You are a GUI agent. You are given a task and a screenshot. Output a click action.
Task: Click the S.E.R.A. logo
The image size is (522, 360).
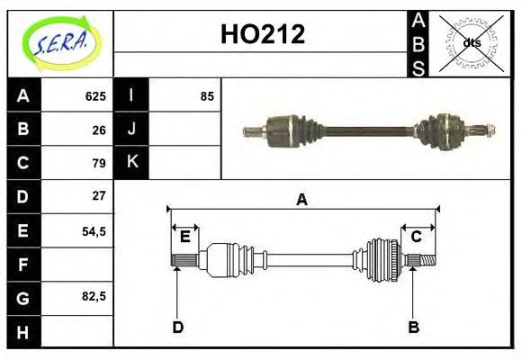(x=60, y=43)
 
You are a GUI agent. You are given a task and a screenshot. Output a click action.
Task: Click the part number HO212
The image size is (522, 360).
(x=263, y=34)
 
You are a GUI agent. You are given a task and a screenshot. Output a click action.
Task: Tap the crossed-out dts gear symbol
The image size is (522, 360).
(x=472, y=42)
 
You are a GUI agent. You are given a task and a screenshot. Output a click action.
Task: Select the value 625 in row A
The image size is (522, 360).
(x=95, y=96)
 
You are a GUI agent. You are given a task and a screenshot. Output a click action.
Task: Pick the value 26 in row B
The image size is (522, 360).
(x=99, y=130)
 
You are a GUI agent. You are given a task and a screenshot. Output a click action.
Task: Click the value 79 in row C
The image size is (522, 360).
(x=99, y=163)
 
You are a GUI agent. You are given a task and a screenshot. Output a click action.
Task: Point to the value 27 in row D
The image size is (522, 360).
(x=99, y=196)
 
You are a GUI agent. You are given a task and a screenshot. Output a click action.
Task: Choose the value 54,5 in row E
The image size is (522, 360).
(x=94, y=230)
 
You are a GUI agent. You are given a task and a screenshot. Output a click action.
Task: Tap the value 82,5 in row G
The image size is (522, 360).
(x=94, y=296)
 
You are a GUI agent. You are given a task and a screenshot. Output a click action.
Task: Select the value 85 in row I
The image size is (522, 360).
(x=207, y=96)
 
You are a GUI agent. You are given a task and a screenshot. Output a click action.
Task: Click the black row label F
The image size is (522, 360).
(x=23, y=264)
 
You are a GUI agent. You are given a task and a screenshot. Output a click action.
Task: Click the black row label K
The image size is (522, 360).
(x=131, y=163)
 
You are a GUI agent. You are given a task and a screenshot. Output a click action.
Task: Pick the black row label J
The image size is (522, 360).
(x=131, y=130)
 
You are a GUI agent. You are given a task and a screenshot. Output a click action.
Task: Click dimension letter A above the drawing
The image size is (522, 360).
(x=302, y=201)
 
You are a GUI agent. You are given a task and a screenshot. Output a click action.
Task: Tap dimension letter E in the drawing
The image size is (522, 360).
(x=184, y=237)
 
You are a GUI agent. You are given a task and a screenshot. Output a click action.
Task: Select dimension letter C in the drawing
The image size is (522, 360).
(x=417, y=237)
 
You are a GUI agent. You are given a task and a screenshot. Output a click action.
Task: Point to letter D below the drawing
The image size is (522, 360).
(x=177, y=328)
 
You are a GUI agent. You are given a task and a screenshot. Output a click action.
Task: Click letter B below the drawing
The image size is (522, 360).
(x=413, y=328)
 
